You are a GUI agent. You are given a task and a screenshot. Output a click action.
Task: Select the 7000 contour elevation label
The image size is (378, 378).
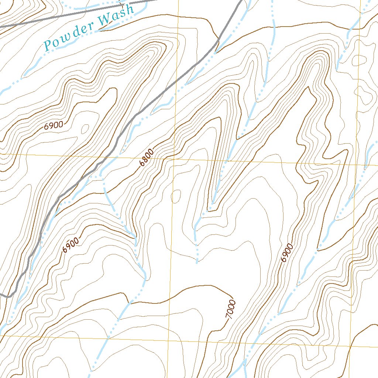(231, 310)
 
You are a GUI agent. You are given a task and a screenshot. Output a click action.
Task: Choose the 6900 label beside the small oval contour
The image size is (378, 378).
(54, 125)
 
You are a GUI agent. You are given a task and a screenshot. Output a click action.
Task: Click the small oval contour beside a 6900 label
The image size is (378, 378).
(85, 129)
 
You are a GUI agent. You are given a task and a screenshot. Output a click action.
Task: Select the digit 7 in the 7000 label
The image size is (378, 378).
(228, 317)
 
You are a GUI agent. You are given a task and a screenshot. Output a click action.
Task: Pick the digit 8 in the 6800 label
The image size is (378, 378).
(145, 160)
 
